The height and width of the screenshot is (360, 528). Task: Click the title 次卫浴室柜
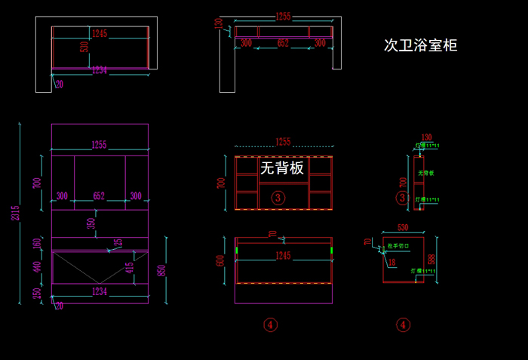(420, 45)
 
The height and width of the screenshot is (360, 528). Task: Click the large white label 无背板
(282, 168)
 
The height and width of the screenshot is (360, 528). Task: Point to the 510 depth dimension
(84, 48)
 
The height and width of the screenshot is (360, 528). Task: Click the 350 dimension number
(91, 224)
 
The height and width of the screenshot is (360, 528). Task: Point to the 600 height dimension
(221, 260)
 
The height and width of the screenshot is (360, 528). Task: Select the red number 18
(391, 262)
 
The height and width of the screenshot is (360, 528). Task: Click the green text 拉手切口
(398, 246)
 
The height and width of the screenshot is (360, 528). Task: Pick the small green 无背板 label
(426, 173)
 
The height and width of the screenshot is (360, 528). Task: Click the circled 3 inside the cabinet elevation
(278, 198)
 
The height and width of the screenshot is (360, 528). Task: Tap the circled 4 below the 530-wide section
(404, 325)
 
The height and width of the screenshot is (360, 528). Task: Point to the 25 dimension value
(118, 242)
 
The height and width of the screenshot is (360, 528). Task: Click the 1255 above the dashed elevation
(283, 141)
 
